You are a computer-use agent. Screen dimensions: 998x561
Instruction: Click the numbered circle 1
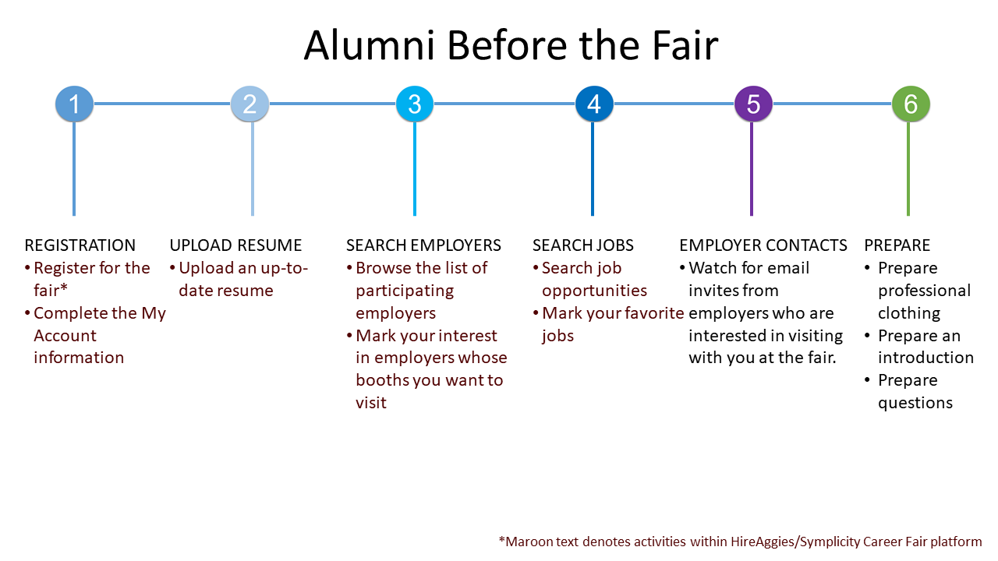click(x=74, y=104)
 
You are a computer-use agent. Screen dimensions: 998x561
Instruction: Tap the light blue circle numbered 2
click(x=249, y=104)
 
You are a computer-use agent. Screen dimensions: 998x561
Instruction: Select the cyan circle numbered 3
click(x=414, y=104)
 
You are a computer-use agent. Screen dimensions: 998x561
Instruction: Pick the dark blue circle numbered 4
click(x=594, y=104)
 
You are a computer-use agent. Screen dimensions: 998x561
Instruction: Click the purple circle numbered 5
click(x=753, y=104)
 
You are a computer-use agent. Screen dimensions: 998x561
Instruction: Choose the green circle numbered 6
click(x=911, y=104)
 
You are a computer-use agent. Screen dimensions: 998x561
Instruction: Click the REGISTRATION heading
click(x=80, y=245)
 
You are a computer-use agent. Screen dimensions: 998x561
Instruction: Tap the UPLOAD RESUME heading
click(x=235, y=245)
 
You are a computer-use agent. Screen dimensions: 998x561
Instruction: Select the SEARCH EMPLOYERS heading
click(x=423, y=245)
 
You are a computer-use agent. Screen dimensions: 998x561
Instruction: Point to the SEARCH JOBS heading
click(x=582, y=245)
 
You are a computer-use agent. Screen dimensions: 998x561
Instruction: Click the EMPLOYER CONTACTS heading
click(x=763, y=245)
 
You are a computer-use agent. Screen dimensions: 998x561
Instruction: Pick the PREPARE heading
click(x=897, y=245)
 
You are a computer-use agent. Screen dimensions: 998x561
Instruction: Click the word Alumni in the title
click(x=370, y=45)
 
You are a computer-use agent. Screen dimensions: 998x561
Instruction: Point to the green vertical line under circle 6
click(x=908, y=169)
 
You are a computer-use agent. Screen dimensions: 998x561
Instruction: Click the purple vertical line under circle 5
click(x=751, y=169)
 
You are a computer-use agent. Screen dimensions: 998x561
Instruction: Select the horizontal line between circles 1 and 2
click(x=162, y=104)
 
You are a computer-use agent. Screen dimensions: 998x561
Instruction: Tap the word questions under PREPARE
click(x=915, y=404)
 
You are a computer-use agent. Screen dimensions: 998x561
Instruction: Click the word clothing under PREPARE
click(x=909, y=313)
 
